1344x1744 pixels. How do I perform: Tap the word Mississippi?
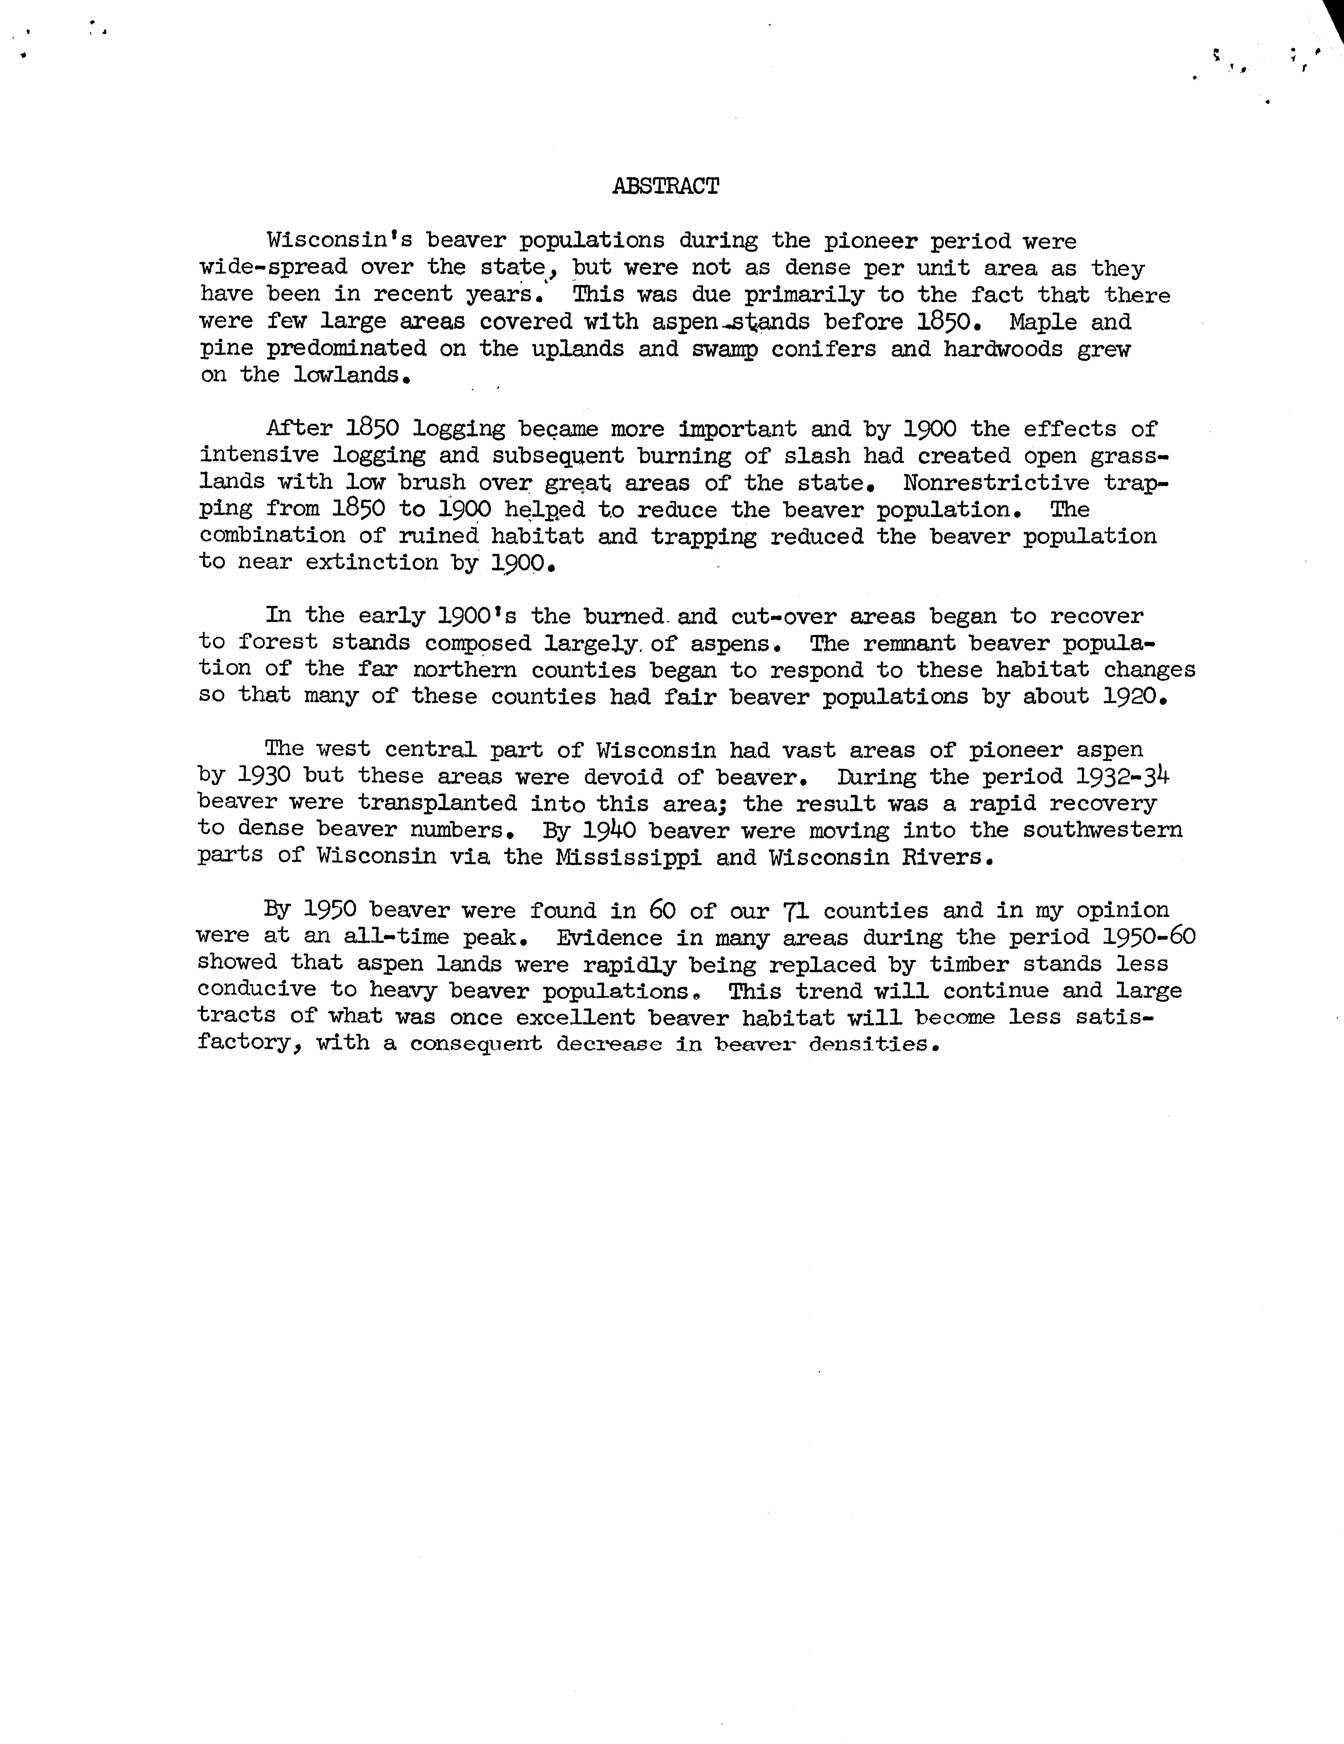pyautogui.click(x=629, y=858)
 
